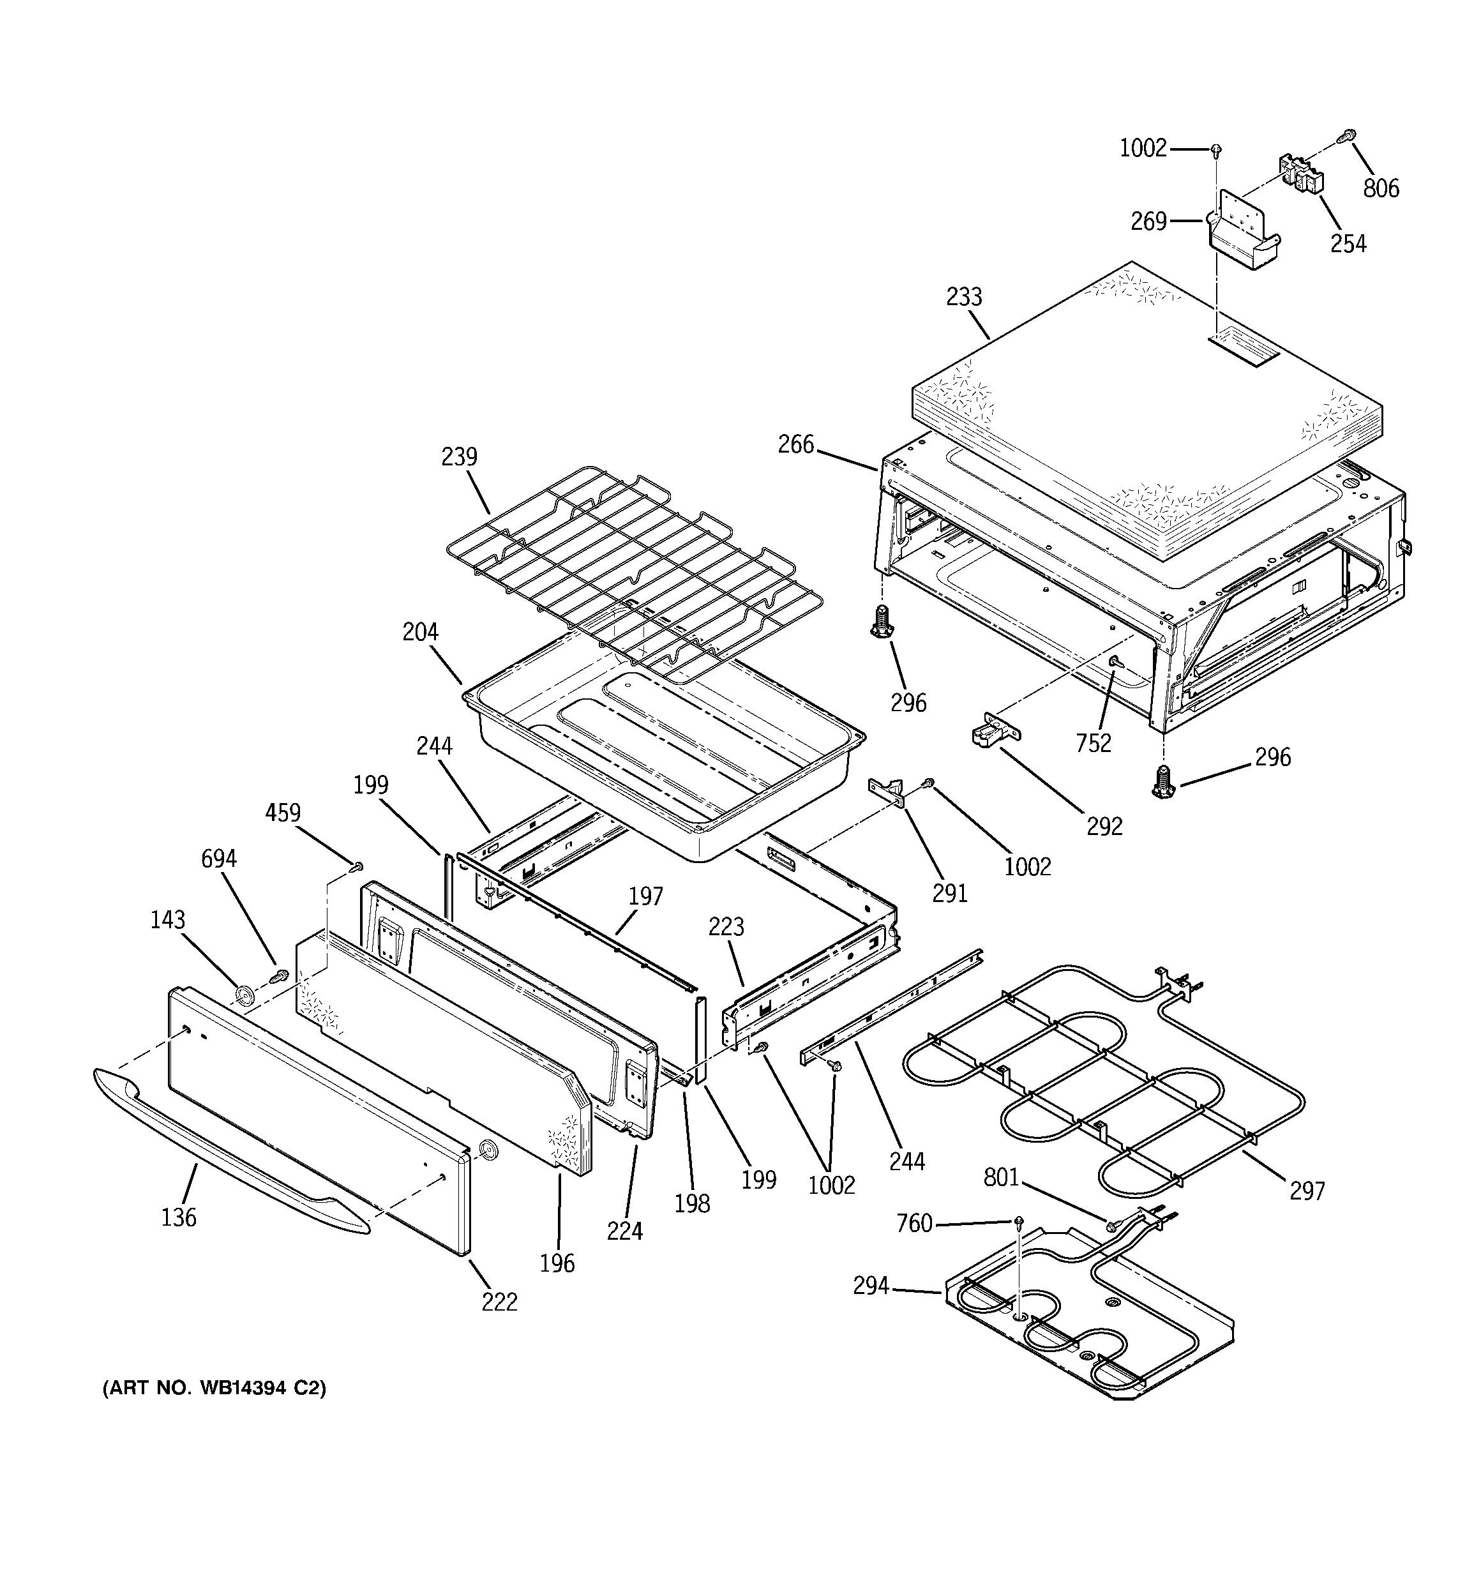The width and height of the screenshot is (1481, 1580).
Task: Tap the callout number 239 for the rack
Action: coord(460,457)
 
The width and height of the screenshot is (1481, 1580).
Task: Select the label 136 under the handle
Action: coord(179,1217)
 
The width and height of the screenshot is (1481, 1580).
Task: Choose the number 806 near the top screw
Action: coord(1381,188)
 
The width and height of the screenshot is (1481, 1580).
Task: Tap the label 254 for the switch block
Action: coord(1348,243)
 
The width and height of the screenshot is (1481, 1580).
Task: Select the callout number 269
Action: coord(1148,221)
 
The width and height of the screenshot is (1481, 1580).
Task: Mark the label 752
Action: coord(1093,743)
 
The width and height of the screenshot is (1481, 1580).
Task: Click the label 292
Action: coord(1104,827)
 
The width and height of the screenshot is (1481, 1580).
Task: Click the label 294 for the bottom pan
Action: coord(871,1285)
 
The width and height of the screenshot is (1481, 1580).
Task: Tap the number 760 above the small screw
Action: coord(913,1223)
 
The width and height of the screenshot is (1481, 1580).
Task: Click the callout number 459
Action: coord(283,813)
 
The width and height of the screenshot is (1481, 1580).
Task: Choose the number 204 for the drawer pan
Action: coord(421,632)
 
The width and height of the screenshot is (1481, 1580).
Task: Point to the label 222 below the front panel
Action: coord(499,1302)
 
